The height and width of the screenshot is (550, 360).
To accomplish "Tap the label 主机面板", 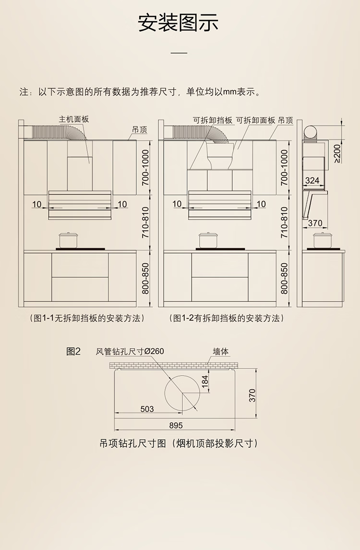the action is pos(74,119).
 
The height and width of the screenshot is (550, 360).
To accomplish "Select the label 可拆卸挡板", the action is pos(213,121).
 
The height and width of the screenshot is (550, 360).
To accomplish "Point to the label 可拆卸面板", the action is pos(256,121).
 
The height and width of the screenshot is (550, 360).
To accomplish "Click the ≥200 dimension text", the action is pos(337,153).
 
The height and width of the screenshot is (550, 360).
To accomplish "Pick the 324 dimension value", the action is pos(312,181).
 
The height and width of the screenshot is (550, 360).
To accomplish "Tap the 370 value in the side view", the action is pos(315,223).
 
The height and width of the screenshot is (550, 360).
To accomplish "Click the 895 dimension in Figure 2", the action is pos(176,426).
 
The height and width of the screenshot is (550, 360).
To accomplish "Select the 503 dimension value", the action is pos(147,409).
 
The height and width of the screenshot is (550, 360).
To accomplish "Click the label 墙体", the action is pos(221,352).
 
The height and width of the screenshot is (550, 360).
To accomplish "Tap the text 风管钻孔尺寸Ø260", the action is pos(130,352).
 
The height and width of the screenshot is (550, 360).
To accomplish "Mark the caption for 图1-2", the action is pos(227,318).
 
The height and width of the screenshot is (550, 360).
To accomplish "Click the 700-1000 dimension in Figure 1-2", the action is pos(284,168).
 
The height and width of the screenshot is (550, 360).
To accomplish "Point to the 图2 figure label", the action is pos(73,351).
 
